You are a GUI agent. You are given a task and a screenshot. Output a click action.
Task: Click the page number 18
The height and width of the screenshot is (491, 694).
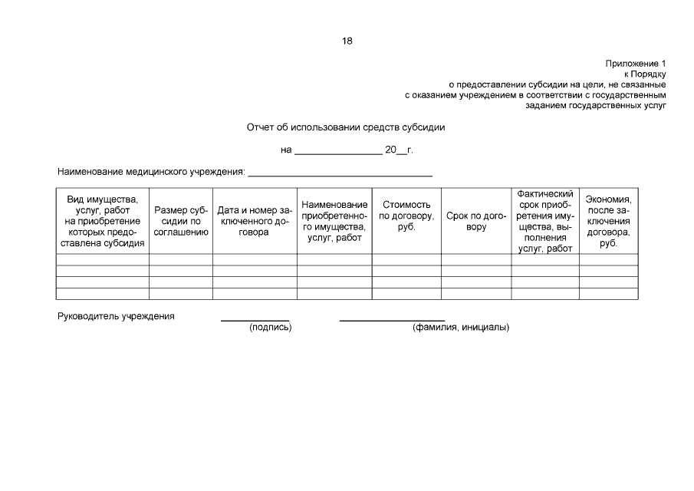click(347, 41)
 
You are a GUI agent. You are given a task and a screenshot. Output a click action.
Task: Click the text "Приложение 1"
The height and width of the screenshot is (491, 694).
click(636, 62)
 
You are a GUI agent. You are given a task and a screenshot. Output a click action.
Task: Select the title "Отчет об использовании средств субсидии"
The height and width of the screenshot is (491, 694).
click(346, 127)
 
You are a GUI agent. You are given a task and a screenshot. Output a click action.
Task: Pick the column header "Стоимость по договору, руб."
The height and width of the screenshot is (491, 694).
click(406, 216)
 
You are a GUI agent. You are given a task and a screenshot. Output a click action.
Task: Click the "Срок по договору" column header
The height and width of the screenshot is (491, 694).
click(476, 221)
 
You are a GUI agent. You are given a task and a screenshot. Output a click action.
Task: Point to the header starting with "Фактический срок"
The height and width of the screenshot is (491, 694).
click(545, 221)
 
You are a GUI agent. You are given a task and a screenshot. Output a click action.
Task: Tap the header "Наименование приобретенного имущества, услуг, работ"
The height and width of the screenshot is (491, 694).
click(334, 221)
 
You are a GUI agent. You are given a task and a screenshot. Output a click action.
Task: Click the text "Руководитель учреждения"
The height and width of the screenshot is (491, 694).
click(117, 316)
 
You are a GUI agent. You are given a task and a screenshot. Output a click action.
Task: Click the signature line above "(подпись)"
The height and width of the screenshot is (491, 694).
click(255, 318)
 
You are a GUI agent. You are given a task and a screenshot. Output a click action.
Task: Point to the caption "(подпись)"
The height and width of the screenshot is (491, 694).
click(270, 328)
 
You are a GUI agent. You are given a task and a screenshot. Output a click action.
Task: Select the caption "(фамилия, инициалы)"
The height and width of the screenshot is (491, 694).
click(461, 328)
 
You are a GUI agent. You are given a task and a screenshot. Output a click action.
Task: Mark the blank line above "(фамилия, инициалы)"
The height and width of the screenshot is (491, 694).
click(392, 318)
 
